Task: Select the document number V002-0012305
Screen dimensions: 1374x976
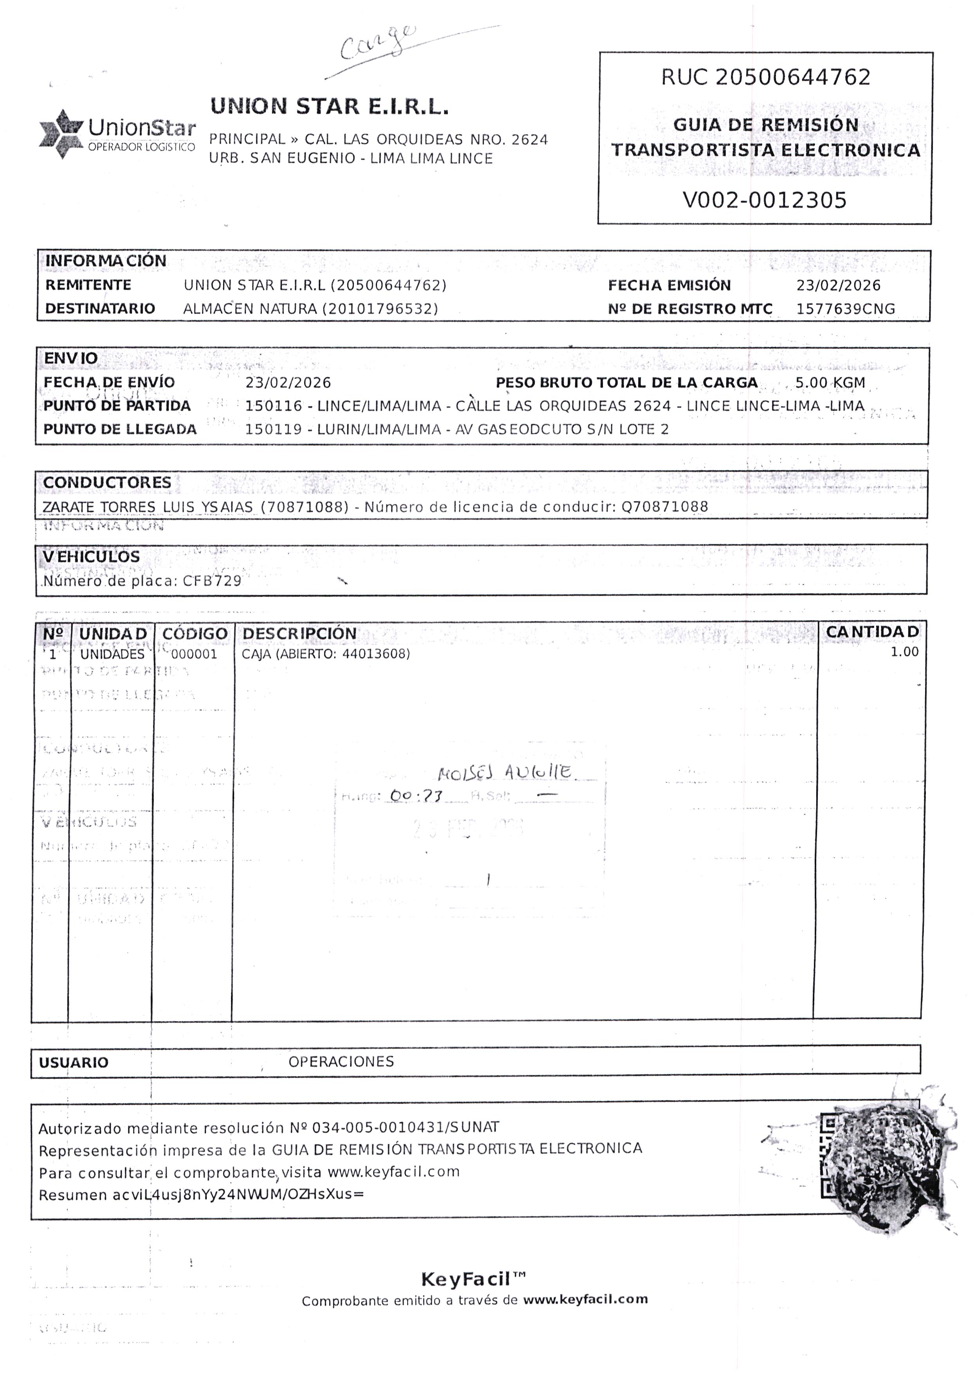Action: (x=765, y=200)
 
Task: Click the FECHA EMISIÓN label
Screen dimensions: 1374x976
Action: (x=669, y=285)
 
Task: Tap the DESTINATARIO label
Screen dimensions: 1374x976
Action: (x=100, y=308)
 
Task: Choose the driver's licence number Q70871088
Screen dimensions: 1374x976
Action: (x=665, y=507)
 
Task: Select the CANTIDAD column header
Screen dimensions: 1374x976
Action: (x=872, y=632)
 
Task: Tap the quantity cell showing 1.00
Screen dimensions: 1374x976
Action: (x=904, y=652)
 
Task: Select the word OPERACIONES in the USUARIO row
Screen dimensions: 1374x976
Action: (x=341, y=1062)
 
